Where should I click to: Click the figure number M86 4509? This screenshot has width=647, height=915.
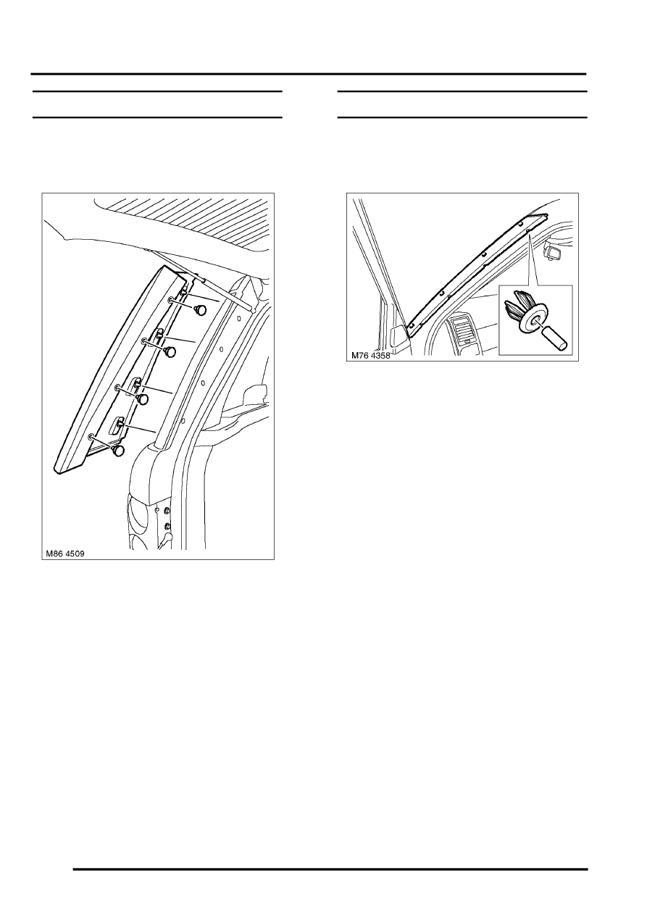pyautogui.click(x=65, y=554)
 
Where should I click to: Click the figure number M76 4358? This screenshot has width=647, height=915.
pyautogui.click(x=371, y=356)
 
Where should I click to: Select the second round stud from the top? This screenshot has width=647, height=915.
pyautogui.click(x=170, y=351)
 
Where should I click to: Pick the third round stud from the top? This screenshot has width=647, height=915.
pyautogui.click(x=142, y=399)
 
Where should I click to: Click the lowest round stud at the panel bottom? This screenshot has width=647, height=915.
pyautogui.click(x=118, y=451)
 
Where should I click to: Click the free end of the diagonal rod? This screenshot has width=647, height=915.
pyautogui.click(x=254, y=311)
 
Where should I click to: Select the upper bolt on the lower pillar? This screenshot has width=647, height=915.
pyautogui.click(x=167, y=511)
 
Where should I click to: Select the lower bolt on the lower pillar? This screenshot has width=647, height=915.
pyautogui.click(x=167, y=527)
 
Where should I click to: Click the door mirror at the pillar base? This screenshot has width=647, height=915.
pyautogui.click(x=399, y=335)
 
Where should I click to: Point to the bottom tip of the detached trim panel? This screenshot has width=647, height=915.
pyautogui.click(x=59, y=475)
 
